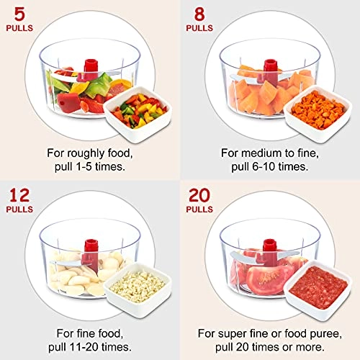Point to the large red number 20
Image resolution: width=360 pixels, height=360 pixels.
(204, 196)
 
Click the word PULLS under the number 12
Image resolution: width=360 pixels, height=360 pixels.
(20, 211)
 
